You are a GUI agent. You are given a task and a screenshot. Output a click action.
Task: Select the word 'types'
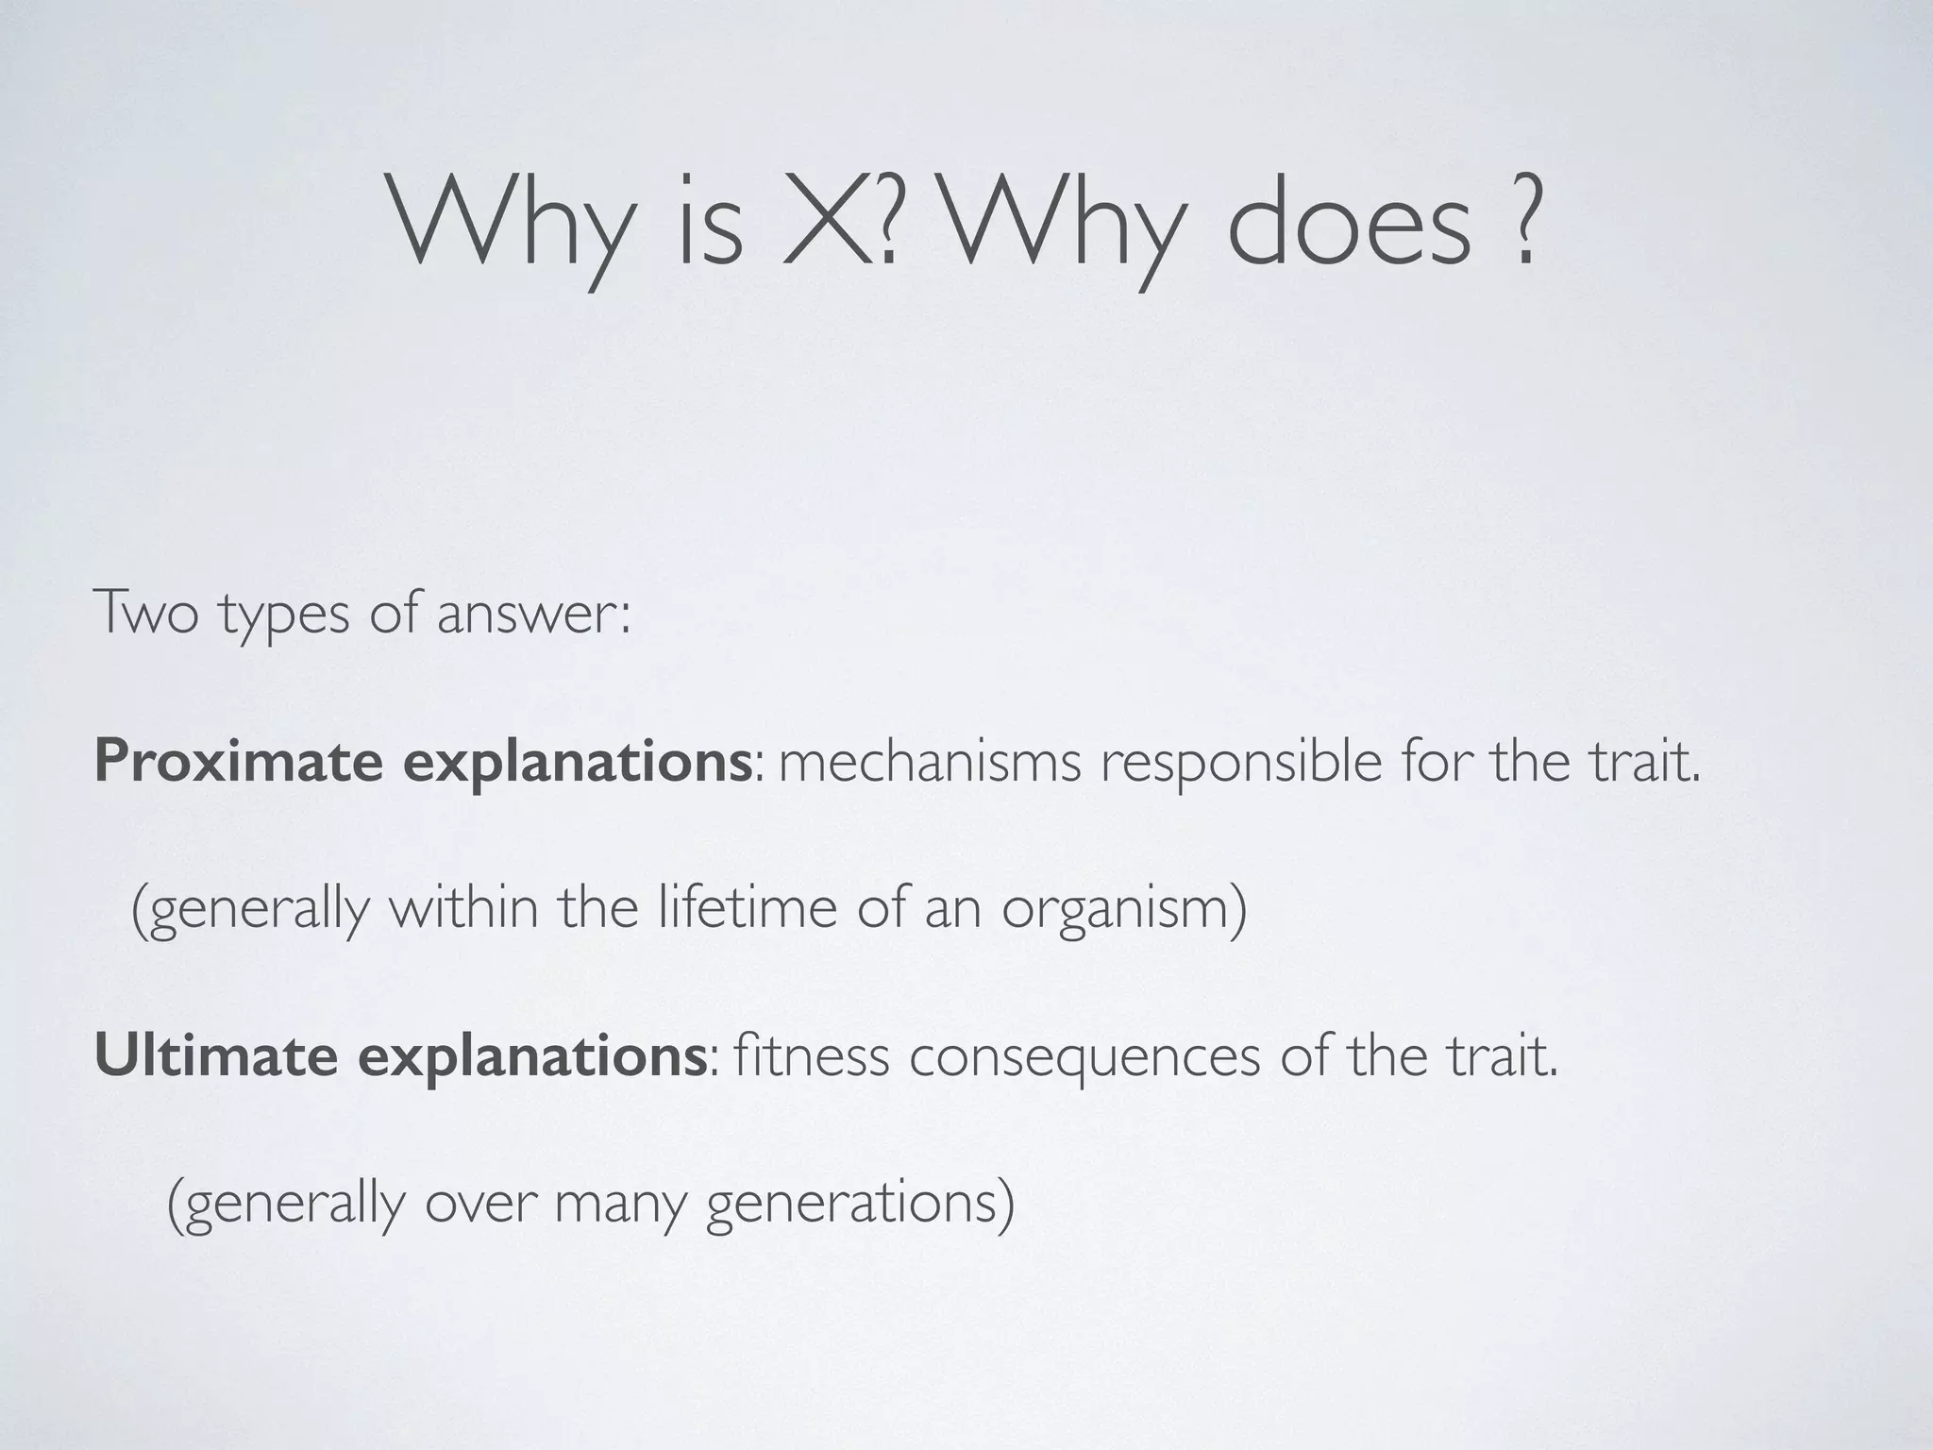284,615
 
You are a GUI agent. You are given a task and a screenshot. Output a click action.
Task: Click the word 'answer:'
533,614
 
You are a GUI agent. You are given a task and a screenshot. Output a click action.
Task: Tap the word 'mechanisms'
930,761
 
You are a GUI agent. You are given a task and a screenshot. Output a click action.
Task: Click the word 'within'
462,908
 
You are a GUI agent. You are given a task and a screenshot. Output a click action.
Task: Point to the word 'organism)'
1123,910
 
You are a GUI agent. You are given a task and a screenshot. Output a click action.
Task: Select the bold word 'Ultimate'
216,1055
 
